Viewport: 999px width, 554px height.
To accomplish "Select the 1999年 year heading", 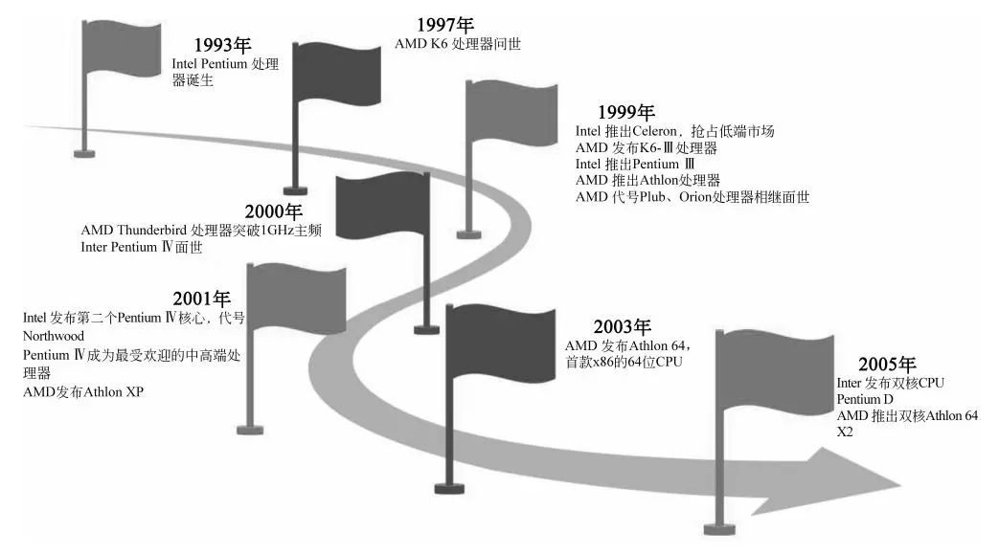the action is point(625,112).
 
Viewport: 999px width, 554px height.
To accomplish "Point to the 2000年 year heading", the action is point(273,211).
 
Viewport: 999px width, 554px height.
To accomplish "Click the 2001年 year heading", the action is point(202,299).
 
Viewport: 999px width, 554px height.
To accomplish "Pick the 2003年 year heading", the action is point(622,326).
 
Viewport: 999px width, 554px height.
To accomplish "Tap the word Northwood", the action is point(54,336).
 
